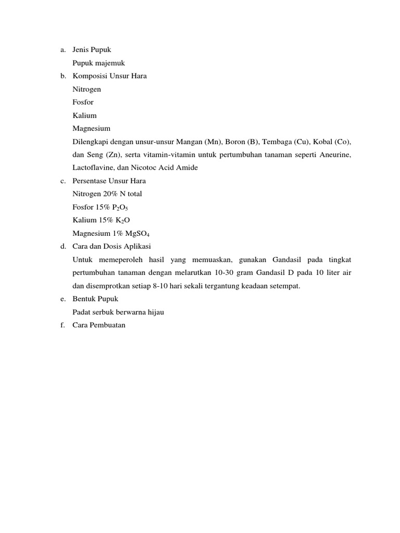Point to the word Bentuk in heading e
(x=84, y=299)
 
